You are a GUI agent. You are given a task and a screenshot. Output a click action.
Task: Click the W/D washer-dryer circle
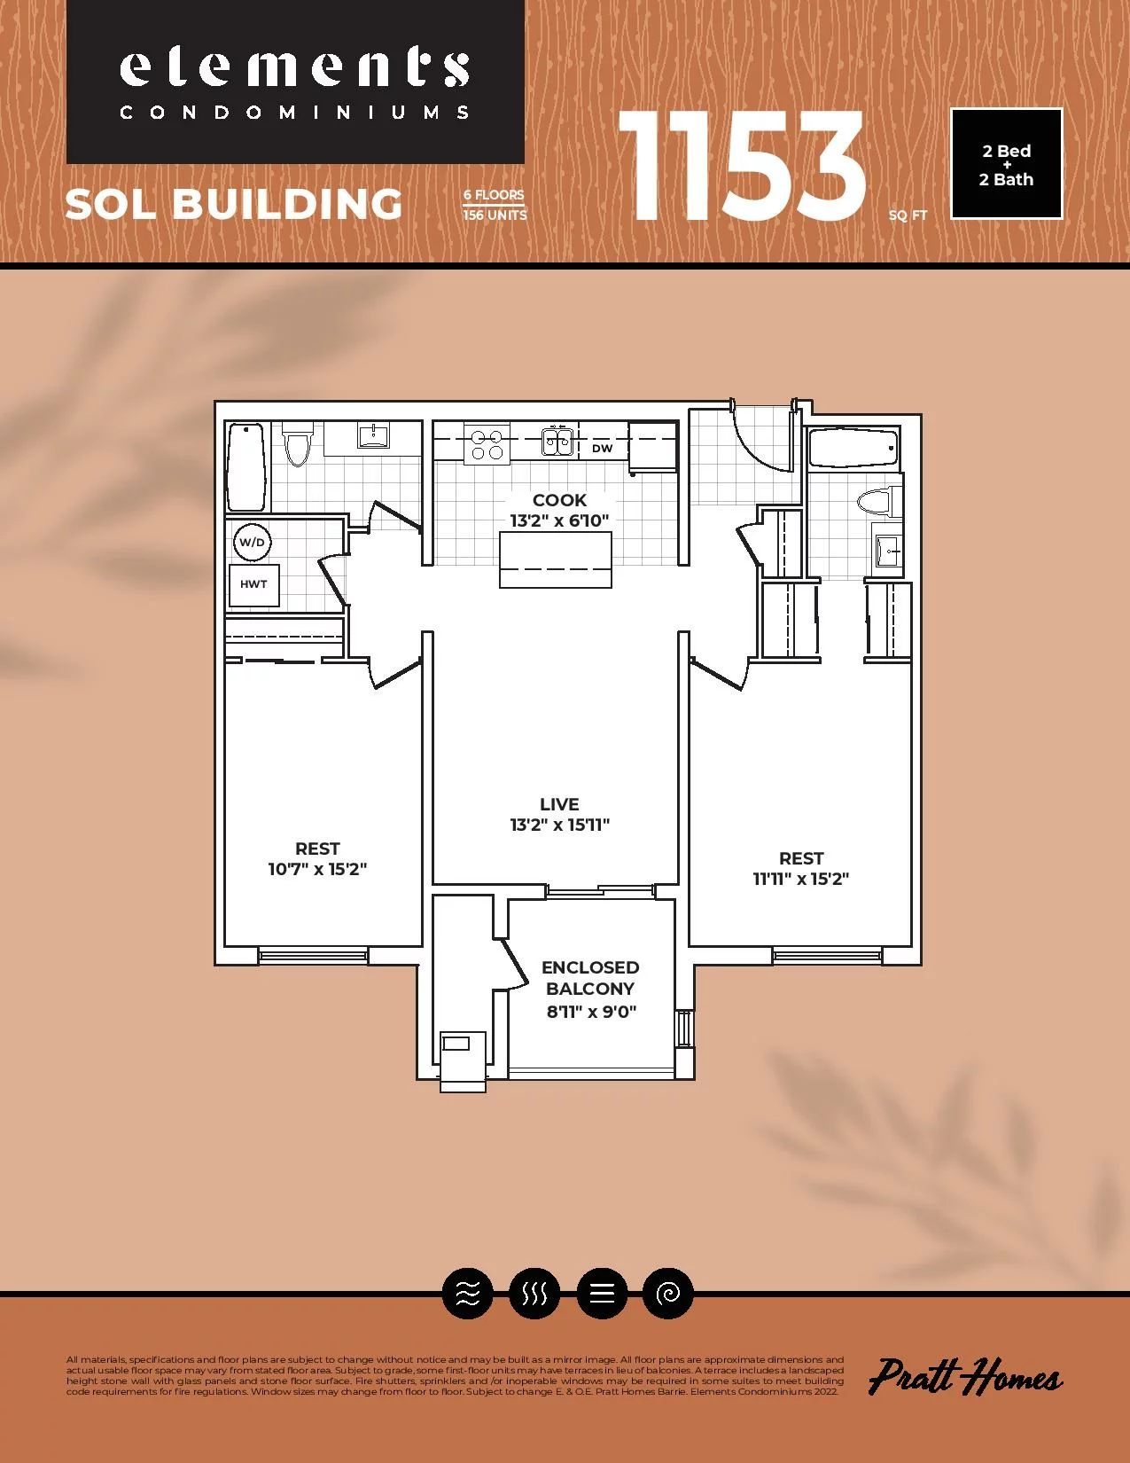coord(253,542)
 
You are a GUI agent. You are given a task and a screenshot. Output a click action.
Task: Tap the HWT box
coord(253,584)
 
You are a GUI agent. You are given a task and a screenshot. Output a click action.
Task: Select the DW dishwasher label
coord(603,449)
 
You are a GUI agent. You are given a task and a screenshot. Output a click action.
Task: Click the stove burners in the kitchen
coord(487,443)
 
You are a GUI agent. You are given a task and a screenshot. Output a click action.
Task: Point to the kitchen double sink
coord(558,442)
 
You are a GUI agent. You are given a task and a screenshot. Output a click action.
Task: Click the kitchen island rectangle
coord(555,559)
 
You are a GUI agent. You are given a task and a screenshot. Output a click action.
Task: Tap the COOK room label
coord(559,500)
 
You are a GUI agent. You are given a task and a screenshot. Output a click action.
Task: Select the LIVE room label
coord(559,804)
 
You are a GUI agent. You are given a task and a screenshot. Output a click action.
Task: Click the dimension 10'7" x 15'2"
coord(317,869)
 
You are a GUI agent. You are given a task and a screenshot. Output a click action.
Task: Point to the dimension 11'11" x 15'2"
coord(801,879)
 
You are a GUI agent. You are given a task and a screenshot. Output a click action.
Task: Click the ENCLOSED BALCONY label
coord(590,978)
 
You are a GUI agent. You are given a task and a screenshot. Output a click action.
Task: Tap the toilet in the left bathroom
coord(297,443)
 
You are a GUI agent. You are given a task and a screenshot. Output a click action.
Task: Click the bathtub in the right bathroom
coord(854,448)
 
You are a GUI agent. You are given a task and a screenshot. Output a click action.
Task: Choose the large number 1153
coord(741,166)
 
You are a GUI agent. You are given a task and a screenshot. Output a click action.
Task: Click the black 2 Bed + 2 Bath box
coord(1006,164)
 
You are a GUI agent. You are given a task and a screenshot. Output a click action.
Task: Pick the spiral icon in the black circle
coord(667,1293)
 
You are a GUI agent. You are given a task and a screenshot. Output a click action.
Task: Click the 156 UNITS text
coord(495,215)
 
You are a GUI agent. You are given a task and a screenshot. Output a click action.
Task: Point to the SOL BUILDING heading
coord(234,204)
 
